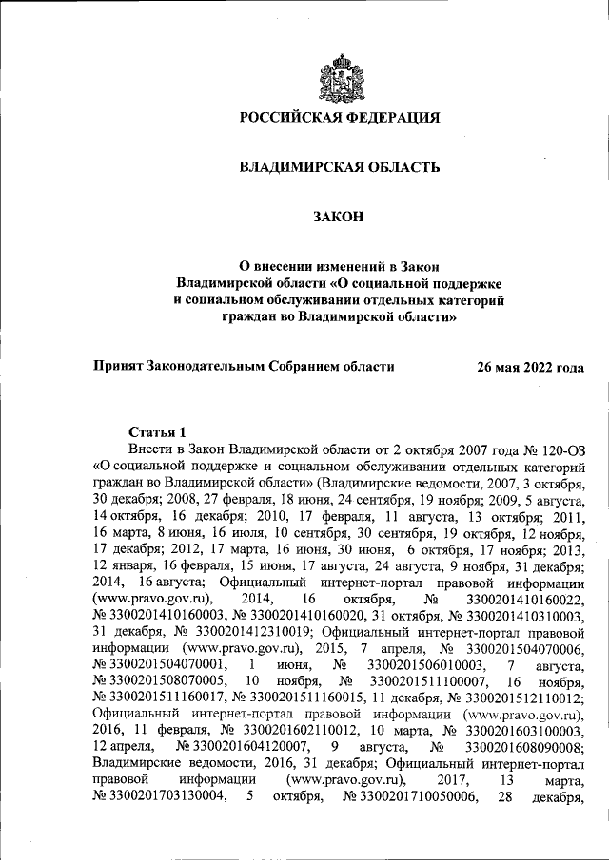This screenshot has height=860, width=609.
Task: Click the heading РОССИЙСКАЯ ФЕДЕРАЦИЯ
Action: point(339,118)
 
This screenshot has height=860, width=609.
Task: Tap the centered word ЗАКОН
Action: point(339,218)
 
